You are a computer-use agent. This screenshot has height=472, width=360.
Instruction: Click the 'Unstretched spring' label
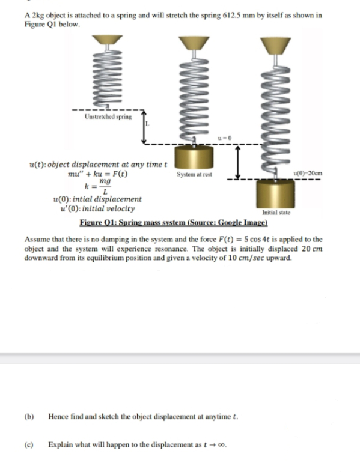pos(108,116)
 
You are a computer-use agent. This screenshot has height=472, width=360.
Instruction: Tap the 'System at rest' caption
pos(194,174)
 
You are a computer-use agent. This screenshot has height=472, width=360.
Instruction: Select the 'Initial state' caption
pos(276,213)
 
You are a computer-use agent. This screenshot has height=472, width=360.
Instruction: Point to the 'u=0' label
pos(225,138)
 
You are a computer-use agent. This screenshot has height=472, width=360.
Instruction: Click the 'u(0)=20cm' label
pos(308,173)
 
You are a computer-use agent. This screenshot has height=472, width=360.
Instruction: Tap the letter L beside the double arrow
pos(147,124)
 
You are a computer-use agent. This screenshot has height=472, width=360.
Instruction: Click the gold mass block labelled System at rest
pos(194,157)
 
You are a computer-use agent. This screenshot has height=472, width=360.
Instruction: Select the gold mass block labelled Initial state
pos(276,193)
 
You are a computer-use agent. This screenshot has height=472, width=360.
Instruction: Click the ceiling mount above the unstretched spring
pos(107,40)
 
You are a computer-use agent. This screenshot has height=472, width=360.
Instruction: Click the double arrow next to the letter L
pos(144,127)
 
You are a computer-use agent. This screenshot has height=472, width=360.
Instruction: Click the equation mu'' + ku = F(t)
pos(98,174)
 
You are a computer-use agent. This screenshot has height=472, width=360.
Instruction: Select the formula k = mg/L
pos(97,186)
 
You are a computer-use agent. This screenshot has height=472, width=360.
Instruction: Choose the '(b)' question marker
pos(29,417)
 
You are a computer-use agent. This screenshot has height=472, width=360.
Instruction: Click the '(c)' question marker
pos(29,444)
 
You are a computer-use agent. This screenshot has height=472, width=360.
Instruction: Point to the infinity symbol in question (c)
pos(221,445)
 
